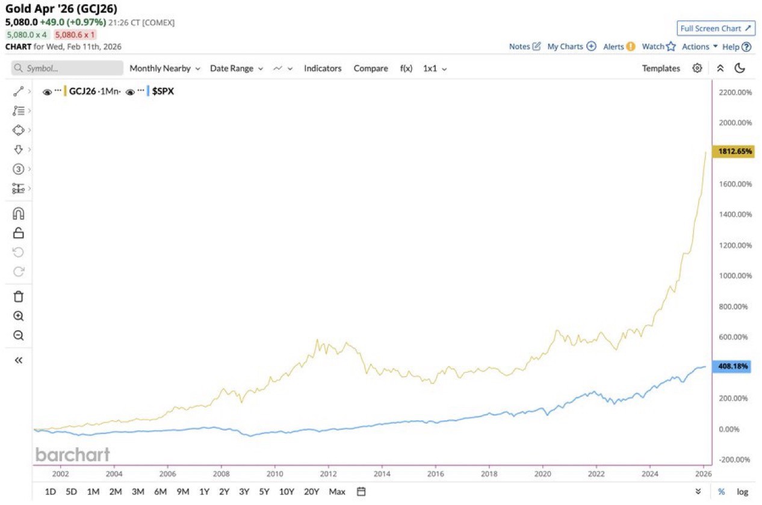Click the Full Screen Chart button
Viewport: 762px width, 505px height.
click(715, 28)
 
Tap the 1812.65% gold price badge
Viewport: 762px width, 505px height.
click(732, 152)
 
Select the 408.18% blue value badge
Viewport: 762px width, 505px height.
click(732, 366)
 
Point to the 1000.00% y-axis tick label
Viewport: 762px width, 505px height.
click(736, 276)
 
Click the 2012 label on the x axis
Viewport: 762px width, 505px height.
click(328, 474)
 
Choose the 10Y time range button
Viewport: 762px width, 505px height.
click(287, 492)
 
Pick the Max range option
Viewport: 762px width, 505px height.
click(337, 492)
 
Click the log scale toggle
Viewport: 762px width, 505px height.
click(743, 492)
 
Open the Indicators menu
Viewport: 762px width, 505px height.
click(323, 69)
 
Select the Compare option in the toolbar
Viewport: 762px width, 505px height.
click(371, 69)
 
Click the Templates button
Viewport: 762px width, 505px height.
click(661, 69)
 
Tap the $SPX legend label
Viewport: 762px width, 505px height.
click(163, 91)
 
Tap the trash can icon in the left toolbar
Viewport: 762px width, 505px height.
click(19, 296)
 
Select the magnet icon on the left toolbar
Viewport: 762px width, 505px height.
click(19, 214)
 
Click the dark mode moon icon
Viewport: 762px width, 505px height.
click(740, 69)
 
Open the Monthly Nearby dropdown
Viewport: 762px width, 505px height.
click(164, 69)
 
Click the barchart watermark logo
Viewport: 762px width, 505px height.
click(72, 454)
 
